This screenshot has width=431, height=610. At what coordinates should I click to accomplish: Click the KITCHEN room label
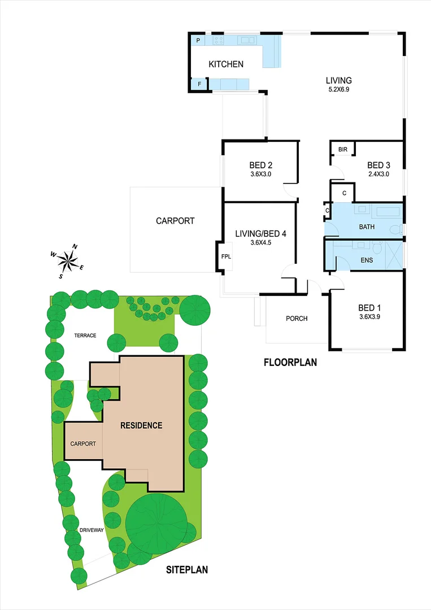[x=226, y=64]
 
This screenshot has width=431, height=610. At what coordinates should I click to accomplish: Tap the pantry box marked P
[x=198, y=41]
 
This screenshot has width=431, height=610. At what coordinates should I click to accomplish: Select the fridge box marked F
[x=198, y=84]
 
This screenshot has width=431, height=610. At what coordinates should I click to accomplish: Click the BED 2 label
[x=261, y=165]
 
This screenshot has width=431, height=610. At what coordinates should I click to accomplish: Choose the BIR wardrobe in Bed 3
[x=343, y=149]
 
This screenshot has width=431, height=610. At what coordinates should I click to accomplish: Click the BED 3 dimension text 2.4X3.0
[x=378, y=174]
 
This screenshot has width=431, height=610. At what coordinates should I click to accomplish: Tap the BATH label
[x=367, y=227]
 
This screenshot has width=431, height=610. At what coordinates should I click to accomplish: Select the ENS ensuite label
[x=367, y=261]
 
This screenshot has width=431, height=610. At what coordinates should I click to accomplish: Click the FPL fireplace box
[x=226, y=256]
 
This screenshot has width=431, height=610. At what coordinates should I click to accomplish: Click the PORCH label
[x=297, y=319]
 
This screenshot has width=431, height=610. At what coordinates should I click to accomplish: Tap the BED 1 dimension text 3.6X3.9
[x=369, y=317]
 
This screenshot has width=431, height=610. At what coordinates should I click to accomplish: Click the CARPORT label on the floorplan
[x=175, y=221]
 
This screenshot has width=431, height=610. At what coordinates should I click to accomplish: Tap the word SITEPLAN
[x=187, y=570]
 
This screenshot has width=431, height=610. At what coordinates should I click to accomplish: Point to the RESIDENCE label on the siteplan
[x=141, y=425]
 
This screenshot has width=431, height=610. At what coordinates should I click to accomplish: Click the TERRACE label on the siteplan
[x=85, y=335]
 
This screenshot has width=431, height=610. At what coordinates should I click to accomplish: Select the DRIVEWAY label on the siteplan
[x=90, y=530]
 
